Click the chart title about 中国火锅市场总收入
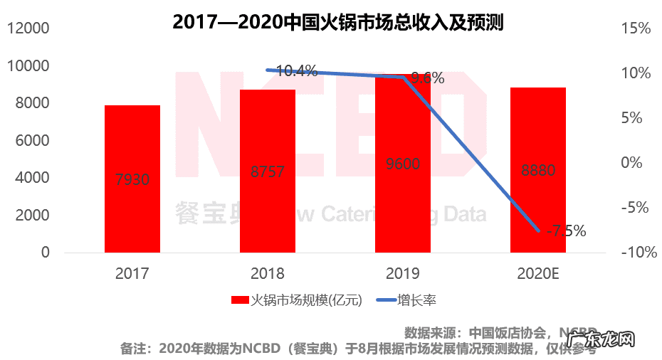(x=338, y=21)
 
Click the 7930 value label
(x=132, y=179)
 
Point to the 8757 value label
(x=268, y=171)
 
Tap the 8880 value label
(x=538, y=171)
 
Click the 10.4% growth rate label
(x=297, y=70)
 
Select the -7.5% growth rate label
(x=565, y=231)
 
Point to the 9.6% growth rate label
(x=428, y=78)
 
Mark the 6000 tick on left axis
(x=29, y=141)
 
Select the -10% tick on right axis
(x=633, y=253)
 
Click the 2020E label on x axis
(x=538, y=273)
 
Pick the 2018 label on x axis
(x=268, y=273)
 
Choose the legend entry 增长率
(x=416, y=300)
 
